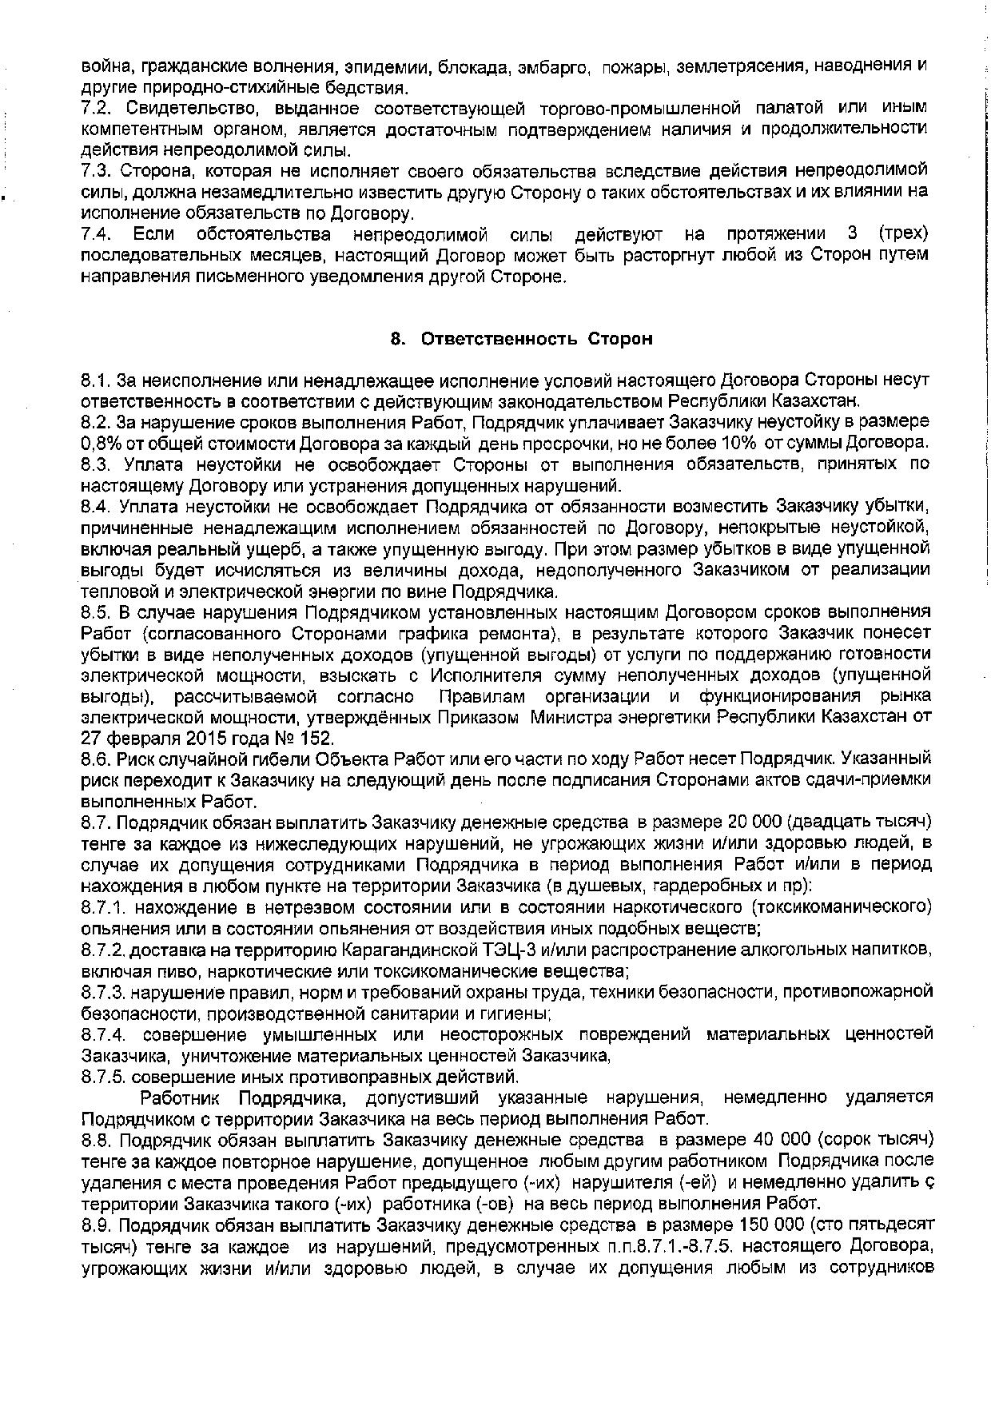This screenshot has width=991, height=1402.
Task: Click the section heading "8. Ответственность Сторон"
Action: [x=521, y=339]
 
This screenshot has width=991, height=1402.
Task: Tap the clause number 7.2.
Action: [x=95, y=108]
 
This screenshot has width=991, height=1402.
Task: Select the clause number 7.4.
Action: [x=95, y=234]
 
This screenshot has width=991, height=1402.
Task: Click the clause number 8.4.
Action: [x=96, y=506]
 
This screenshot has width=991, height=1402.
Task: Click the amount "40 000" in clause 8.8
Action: [x=776, y=1138]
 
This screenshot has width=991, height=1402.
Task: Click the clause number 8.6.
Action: [x=96, y=758]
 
